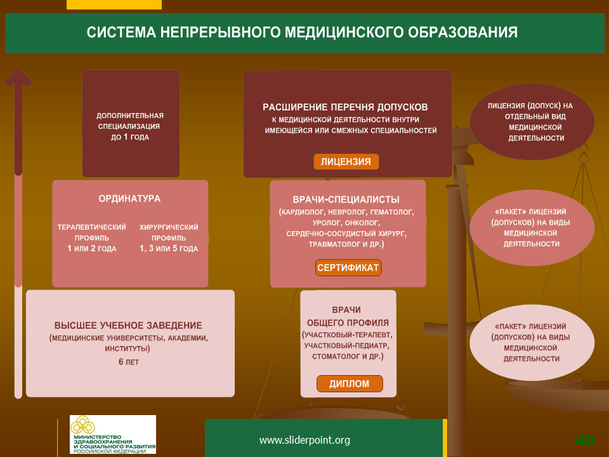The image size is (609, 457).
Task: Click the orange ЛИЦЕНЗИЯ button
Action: (x=346, y=162)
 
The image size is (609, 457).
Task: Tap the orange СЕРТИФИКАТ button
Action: (x=348, y=268)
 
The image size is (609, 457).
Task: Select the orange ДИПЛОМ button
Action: (x=350, y=383)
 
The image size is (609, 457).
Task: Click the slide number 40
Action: (x=584, y=440)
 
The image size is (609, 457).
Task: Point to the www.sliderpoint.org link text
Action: (x=304, y=440)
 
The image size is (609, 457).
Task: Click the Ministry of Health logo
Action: (x=113, y=434)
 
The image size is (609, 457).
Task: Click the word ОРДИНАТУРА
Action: (x=129, y=199)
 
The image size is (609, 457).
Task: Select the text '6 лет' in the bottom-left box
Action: (x=129, y=362)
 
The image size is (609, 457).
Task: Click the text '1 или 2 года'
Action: (x=91, y=248)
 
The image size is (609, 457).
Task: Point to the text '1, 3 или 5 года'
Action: (x=169, y=248)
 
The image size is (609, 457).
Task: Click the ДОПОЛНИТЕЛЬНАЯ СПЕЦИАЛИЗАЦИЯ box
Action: (x=131, y=124)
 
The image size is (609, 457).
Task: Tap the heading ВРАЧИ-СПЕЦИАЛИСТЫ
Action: (x=346, y=200)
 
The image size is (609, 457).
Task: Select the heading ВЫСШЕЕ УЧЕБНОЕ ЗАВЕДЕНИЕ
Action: (x=128, y=326)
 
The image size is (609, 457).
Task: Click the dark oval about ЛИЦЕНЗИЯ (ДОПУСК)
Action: (x=532, y=122)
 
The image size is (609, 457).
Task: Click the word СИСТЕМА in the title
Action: (x=121, y=32)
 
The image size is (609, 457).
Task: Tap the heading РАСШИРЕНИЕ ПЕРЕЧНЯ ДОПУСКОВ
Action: (x=345, y=107)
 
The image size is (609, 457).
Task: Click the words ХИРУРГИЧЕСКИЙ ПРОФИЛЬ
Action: (x=169, y=232)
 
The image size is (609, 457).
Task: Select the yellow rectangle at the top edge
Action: (x=114, y=4)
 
